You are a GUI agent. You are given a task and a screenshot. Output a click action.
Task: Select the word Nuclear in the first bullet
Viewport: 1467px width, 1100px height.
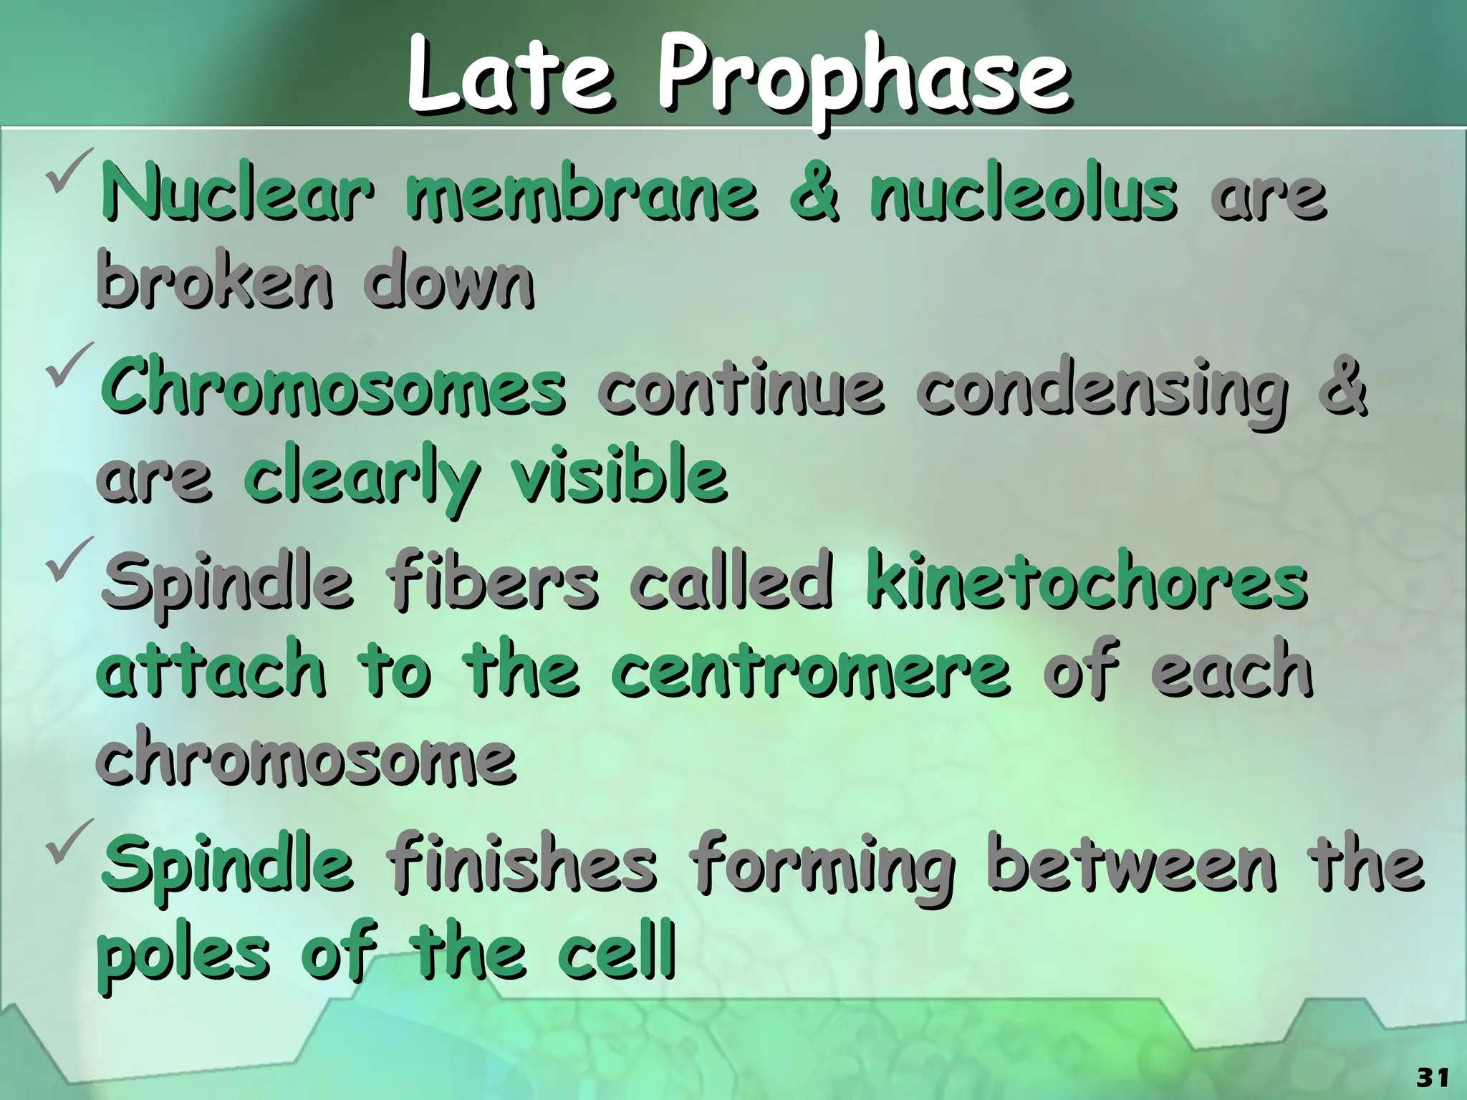click(x=237, y=194)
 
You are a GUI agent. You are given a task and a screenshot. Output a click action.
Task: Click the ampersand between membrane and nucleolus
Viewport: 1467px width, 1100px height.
click(x=813, y=194)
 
